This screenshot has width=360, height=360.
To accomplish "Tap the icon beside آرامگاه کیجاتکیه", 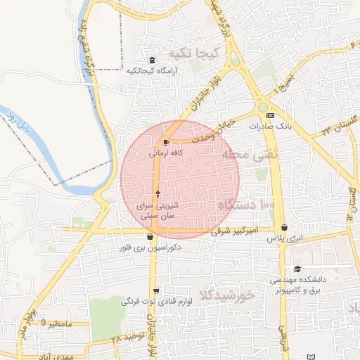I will [152, 60].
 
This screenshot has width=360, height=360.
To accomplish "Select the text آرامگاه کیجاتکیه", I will [153, 70].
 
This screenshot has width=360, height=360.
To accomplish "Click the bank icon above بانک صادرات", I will [269, 115].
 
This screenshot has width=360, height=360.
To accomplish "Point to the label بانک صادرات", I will [270, 126].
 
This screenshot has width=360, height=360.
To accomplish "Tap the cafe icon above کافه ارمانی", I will [166, 141].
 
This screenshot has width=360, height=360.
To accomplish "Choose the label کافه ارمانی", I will [167, 152].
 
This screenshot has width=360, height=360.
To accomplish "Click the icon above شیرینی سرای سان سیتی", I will [157, 193].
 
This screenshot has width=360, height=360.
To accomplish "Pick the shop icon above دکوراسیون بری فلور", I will [151, 237].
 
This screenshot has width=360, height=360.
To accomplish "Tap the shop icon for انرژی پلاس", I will [284, 228].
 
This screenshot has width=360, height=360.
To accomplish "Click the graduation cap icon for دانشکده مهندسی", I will [297, 269].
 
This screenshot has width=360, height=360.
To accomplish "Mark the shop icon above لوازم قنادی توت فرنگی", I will [155, 291].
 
